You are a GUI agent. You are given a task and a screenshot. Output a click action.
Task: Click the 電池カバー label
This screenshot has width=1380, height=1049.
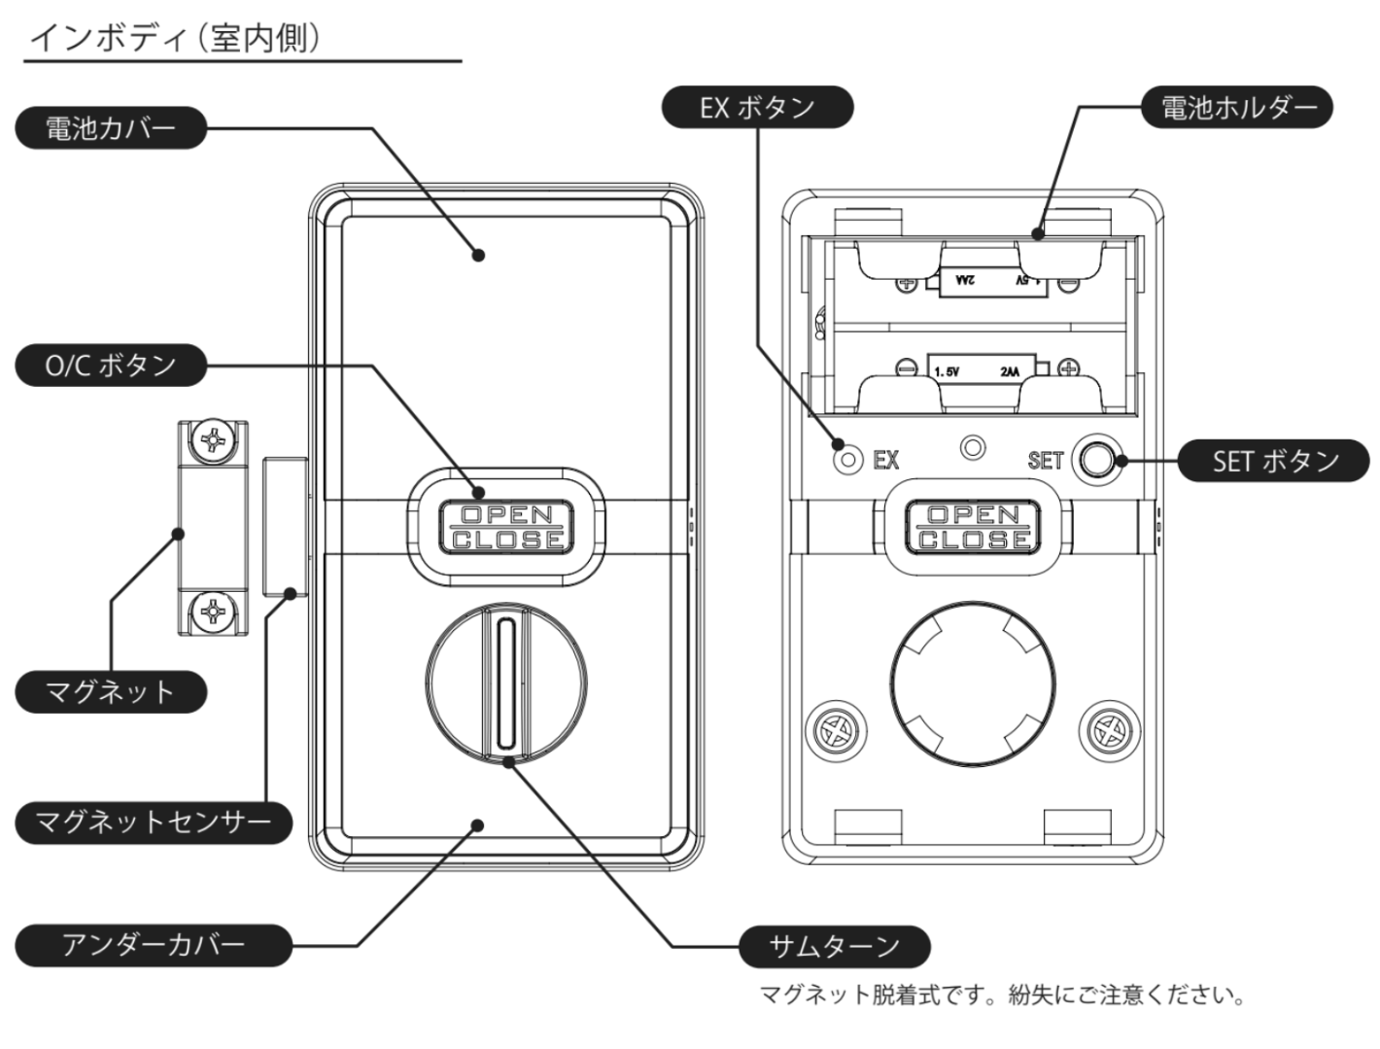111,127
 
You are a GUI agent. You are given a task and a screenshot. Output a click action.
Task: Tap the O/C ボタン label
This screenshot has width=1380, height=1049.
111,366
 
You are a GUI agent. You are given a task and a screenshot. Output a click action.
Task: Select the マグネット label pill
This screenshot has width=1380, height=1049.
111,691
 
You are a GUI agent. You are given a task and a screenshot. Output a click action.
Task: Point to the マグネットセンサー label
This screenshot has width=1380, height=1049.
154,822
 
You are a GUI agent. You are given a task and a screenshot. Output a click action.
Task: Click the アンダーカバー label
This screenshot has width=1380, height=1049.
154,944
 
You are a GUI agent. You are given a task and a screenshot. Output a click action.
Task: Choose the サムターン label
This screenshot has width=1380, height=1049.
834,946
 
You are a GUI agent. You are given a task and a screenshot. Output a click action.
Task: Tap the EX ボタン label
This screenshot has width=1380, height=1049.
757,107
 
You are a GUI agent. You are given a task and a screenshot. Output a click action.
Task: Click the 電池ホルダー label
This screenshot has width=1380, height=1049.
1236,107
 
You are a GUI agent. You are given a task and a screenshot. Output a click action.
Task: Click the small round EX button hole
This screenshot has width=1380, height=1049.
848,459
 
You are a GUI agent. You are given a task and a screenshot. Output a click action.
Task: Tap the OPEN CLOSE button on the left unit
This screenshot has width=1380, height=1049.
506,527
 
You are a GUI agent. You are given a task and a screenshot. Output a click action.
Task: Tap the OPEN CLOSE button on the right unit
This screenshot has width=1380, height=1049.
973,527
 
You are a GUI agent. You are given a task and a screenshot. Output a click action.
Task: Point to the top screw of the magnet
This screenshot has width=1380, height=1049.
211,442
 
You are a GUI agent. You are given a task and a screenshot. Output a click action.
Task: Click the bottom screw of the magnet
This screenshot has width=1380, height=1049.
211,612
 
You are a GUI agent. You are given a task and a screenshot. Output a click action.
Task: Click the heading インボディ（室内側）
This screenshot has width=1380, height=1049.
176,38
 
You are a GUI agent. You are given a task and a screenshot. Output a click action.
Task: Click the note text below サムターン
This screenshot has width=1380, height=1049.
1002,996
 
